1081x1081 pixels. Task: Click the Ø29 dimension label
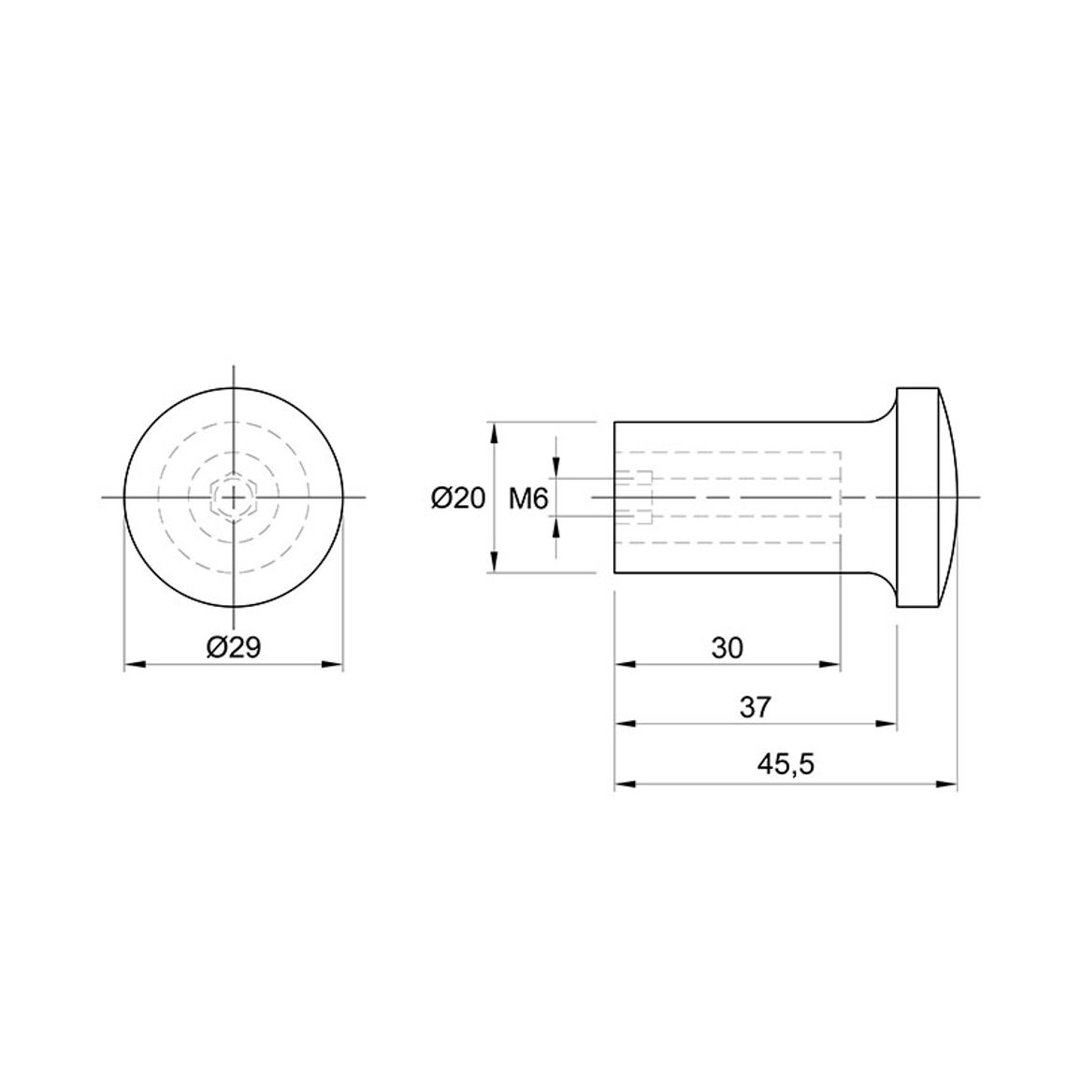point(234,647)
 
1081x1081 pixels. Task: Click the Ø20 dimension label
point(459,497)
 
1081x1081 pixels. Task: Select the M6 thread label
point(528,497)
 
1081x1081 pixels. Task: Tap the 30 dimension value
point(728,648)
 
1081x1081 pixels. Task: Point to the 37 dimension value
point(756,707)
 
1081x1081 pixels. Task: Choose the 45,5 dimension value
point(786,764)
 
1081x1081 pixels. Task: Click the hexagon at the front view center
point(235,497)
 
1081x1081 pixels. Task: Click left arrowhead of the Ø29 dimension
point(134,665)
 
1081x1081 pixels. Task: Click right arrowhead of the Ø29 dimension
point(333,665)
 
